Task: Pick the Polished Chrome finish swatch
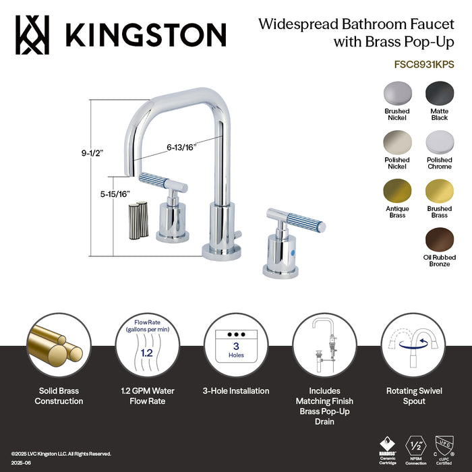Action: [x=439, y=142]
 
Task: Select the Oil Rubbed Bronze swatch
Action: [x=439, y=239]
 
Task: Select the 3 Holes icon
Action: [x=236, y=344]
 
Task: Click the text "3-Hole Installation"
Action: [x=236, y=391]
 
